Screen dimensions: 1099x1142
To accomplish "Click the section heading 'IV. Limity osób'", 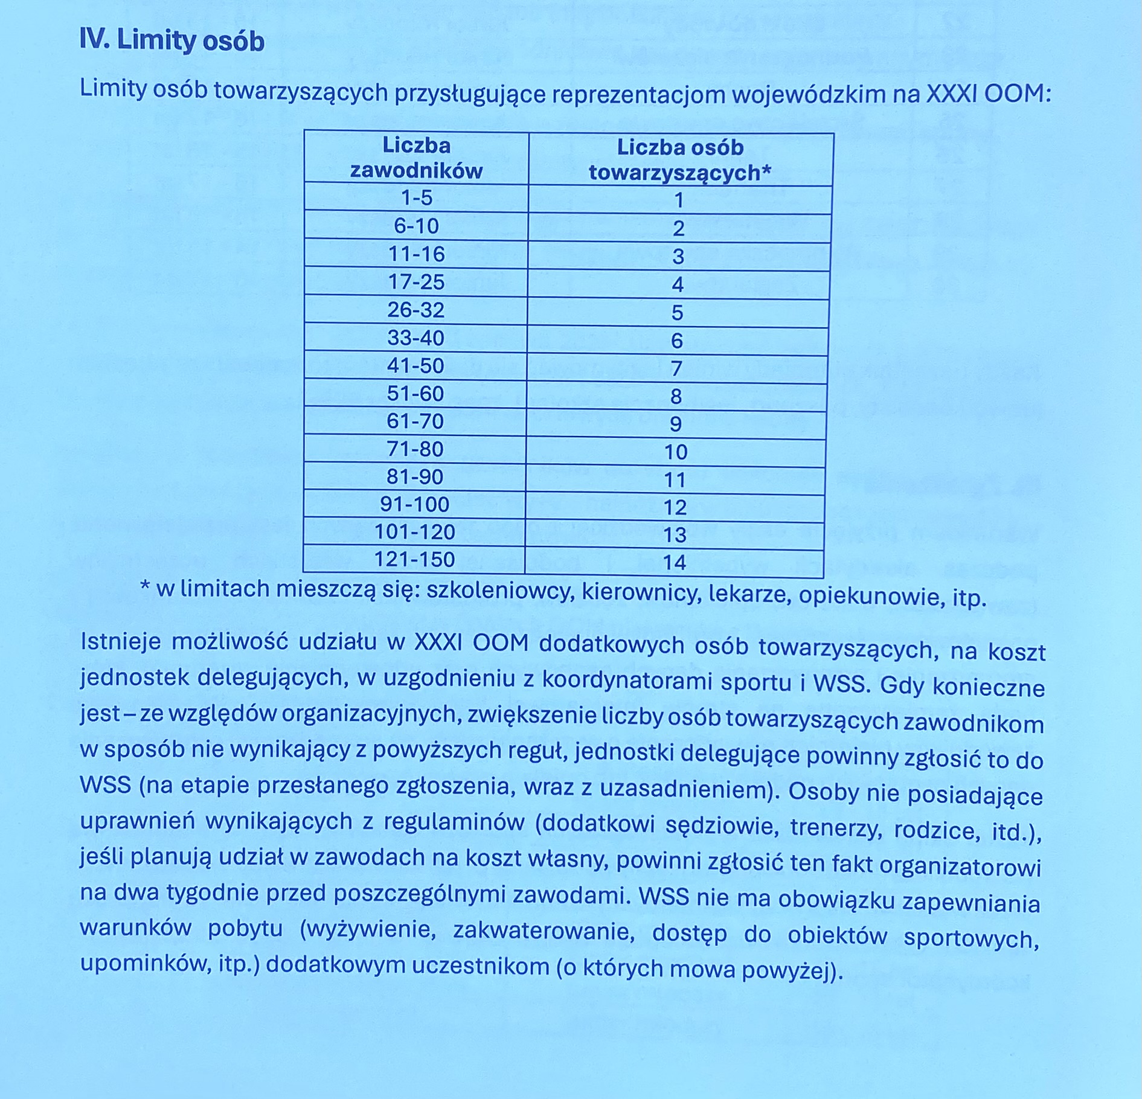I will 172,41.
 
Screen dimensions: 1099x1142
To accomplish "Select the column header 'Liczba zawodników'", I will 417,158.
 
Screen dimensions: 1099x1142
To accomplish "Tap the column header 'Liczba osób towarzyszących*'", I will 680,161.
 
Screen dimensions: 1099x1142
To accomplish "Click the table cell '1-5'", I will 417,198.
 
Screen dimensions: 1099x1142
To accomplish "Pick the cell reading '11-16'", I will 417,254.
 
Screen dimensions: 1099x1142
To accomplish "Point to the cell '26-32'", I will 416,310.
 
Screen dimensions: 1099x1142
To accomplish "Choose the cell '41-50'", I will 416,366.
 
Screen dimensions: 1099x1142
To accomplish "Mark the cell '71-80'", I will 415,449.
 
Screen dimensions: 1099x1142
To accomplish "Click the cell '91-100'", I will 415,504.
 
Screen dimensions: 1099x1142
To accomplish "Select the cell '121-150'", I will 414,559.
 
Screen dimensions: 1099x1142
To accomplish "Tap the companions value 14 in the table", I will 675,563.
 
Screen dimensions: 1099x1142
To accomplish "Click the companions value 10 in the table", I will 676,452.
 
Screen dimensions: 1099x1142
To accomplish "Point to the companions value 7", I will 677,368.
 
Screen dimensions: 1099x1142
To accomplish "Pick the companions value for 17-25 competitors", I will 678,284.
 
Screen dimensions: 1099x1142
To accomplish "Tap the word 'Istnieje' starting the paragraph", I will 121,641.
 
